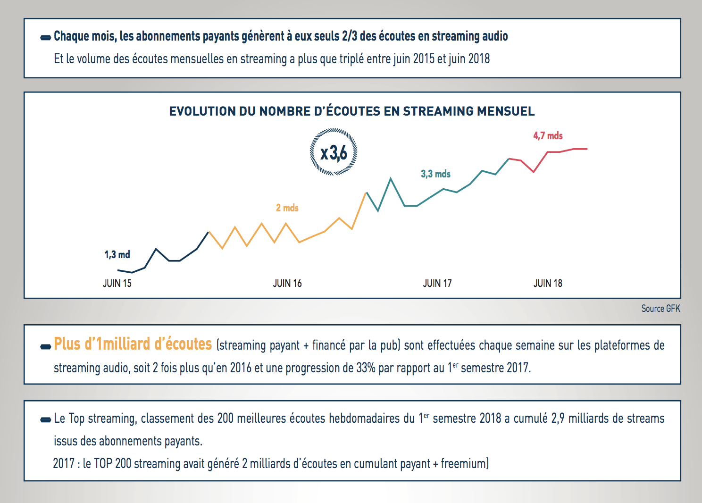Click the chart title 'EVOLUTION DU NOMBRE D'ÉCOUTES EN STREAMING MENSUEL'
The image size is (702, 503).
click(351, 111)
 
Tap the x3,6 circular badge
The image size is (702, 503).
click(334, 152)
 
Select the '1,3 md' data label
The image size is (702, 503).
click(117, 255)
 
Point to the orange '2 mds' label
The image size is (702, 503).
click(287, 208)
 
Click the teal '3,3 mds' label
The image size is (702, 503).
click(435, 174)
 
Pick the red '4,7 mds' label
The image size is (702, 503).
click(548, 136)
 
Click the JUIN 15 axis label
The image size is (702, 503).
click(117, 284)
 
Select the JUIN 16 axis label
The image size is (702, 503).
click(287, 284)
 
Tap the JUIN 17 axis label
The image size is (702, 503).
click(437, 284)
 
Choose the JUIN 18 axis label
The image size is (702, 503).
click(548, 284)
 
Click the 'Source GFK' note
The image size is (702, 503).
click(660, 309)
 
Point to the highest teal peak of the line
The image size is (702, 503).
click(391, 178)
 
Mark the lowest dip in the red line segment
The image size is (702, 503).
click(534, 172)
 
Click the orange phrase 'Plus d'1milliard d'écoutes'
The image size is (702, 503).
click(133, 344)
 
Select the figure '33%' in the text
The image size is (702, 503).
click(366, 368)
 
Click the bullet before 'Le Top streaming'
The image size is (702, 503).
click(46, 419)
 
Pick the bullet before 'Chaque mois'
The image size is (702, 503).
click(46, 37)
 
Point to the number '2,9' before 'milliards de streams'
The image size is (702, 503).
click(558, 419)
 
